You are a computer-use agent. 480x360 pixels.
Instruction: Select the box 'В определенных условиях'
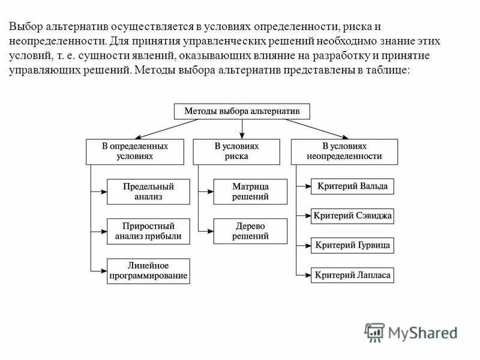(134, 151)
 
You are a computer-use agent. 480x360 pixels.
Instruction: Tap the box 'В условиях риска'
(236, 151)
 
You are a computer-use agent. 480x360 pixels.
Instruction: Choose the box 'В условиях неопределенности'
(344, 151)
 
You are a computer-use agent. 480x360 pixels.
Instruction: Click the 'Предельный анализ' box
(148, 191)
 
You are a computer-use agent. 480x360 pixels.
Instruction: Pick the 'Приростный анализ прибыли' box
(148, 231)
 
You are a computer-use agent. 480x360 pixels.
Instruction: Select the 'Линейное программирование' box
(148, 271)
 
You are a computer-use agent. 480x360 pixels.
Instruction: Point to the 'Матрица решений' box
(250, 191)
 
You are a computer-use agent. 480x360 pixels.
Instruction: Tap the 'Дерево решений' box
(250, 231)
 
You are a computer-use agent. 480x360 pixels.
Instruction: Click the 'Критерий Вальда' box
(352, 186)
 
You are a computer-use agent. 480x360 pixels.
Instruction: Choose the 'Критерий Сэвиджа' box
(352, 215)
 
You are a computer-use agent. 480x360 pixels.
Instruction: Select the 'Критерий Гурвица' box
(352, 245)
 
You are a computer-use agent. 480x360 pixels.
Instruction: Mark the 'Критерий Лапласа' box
(352, 275)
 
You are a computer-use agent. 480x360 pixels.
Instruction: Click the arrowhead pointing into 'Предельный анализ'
(103, 192)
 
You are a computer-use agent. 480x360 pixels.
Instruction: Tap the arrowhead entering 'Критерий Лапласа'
(307, 275)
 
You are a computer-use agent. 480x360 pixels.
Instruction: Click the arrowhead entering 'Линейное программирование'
(103, 271)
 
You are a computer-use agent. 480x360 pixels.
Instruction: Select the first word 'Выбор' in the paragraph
(25, 27)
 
